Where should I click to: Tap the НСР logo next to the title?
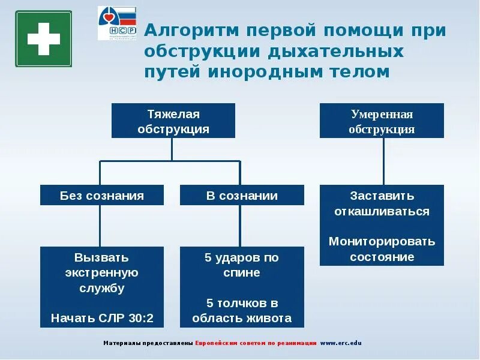point(117,23)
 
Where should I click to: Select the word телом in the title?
point(358,71)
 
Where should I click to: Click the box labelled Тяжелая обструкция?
point(173,121)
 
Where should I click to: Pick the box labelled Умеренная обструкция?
point(382,121)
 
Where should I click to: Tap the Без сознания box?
point(102,196)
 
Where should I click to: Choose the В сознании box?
point(242,196)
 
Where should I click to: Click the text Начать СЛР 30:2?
point(102,318)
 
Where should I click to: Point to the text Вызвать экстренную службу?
point(102,273)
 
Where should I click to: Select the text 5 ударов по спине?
point(242,265)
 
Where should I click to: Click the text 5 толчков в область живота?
point(242,310)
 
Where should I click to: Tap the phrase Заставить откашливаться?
point(382,203)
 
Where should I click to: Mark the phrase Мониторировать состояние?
point(382,249)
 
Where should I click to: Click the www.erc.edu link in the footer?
point(341,343)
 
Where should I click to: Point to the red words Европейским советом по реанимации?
point(256,343)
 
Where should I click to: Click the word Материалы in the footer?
point(121,343)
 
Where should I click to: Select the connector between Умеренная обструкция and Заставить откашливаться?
point(382,161)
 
